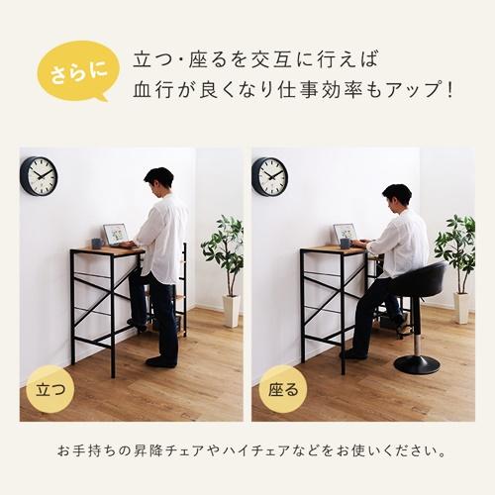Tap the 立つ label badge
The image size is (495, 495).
pyautogui.click(x=49, y=385)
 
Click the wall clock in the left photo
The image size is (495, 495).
pyautogui.click(x=39, y=175)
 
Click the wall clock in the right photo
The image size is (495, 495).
pyautogui.click(x=269, y=176)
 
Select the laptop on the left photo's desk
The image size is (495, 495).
pyautogui.click(x=116, y=234)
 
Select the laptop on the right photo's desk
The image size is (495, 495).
pyautogui.click(x=345, y=234)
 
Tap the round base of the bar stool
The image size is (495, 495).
pyautogui.click(x=416, y=364)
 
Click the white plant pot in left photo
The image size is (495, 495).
pyautogui.click(x=231, y=310)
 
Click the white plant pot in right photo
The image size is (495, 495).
pyautogui.click(x=461, y=308)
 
